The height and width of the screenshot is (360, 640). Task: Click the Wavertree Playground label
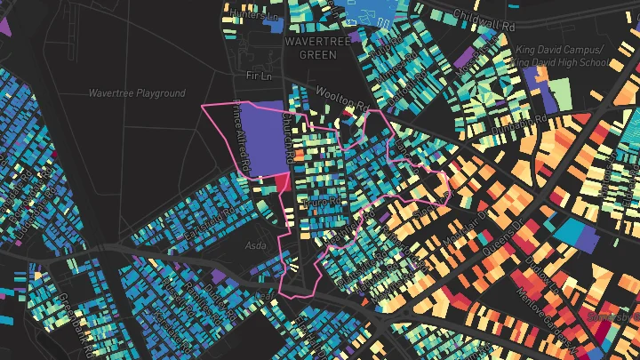click(137, 93)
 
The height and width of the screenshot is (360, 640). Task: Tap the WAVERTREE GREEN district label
click(310, 48)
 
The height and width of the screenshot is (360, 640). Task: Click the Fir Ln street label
click(257, 76)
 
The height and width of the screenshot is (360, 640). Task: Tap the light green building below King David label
click(559, 93)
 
